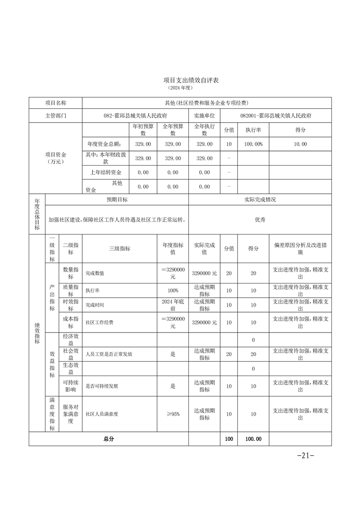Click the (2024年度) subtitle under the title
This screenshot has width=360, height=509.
point(180,87)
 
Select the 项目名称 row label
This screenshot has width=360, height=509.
point(55,103)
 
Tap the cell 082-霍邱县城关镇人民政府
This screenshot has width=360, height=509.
point(135,116)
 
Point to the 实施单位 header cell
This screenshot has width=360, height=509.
point(204,116)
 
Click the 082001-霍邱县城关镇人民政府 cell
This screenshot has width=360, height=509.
point(276,116)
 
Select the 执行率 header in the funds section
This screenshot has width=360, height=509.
point(253,130)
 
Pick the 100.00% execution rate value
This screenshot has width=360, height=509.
point(253,144)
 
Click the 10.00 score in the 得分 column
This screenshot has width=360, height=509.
point(300,144)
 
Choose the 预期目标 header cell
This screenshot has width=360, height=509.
point(117,200)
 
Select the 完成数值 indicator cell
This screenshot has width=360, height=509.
point(95,273)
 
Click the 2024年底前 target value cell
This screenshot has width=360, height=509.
point(173,304)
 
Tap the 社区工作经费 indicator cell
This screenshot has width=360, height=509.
point(99,323)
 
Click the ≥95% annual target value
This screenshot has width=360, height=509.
point(173,414)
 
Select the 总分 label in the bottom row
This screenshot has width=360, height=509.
point(108,439)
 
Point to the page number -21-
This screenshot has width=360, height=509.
point(305,456)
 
